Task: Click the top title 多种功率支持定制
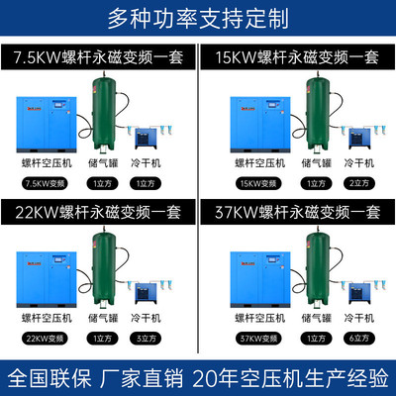198,18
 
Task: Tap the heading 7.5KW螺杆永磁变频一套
99,58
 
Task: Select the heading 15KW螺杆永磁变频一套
296,58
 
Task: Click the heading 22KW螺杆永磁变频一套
99,212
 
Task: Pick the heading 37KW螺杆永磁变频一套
296,212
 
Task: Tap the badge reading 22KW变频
42,339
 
